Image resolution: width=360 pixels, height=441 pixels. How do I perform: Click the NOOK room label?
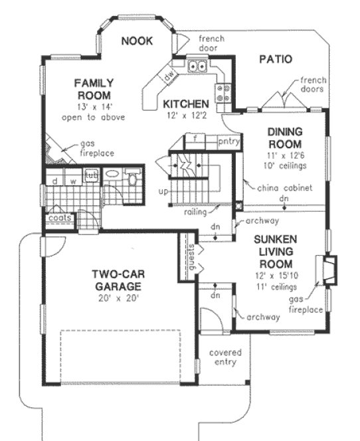[137, 41]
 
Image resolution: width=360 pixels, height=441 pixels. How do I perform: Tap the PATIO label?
[275, 59]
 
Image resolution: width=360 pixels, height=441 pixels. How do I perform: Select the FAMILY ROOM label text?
[94, 89]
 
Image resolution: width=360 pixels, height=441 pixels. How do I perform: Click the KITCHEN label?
[187, 104]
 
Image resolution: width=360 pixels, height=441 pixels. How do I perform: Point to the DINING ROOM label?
[285, 138]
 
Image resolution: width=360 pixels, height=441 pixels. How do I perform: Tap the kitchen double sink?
[196, 66]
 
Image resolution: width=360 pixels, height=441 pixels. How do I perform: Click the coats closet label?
[59, 218]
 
